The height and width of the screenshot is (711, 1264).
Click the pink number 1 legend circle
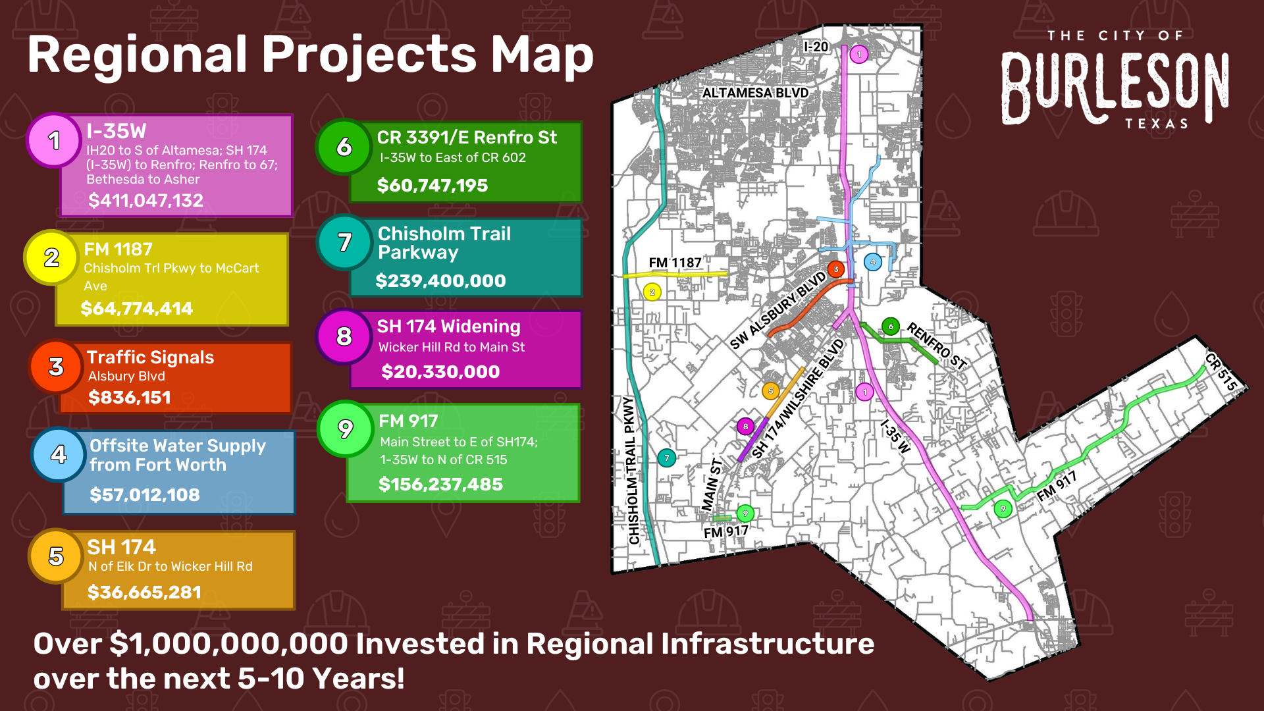pos(54,140)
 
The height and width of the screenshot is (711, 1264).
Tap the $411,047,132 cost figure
pos(145,200)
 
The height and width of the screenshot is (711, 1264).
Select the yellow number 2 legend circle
pos(51,257)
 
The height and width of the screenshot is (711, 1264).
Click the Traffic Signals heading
pos(150,357)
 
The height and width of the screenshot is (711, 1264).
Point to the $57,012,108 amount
pos(144,494)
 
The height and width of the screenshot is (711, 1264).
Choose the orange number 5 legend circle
pos(56,556)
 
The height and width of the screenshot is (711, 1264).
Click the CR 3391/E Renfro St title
pos(466,138)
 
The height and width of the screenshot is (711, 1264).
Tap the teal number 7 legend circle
pos(344,242)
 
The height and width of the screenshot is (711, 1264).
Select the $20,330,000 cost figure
pos(440,372)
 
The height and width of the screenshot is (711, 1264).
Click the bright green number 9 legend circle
pos(345,429)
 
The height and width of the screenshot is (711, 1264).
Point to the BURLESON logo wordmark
pos(1115,88)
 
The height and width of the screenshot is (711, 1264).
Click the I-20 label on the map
pos(816,47)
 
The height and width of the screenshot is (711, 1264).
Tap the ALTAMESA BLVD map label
pos(755,93)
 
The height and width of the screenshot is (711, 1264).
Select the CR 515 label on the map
pos(1221,371)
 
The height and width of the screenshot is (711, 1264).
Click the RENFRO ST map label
pos(936,346)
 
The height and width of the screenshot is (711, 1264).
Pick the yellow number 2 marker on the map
pos(652,292)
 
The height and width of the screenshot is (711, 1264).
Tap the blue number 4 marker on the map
pos(873,262)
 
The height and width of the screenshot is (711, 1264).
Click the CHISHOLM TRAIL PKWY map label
pos(633,470)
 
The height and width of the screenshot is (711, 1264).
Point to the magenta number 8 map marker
pos(745,427)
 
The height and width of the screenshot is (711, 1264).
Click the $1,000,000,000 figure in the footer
pos(228,644)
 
